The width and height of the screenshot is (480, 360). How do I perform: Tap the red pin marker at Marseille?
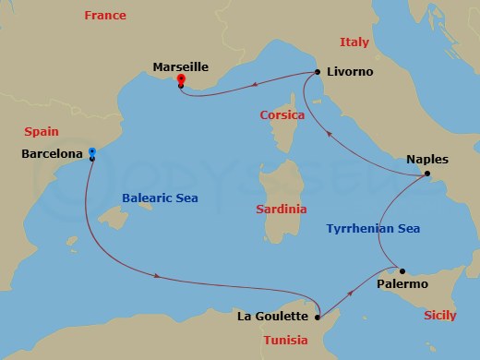coord(180,79)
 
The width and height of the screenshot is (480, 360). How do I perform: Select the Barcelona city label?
coord(52,154)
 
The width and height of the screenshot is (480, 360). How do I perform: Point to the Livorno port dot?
coord(318,71)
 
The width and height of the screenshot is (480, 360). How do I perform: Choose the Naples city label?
coord(426,159)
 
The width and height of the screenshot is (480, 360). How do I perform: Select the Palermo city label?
coord(402,284)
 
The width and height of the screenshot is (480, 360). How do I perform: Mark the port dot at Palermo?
coord(402,271)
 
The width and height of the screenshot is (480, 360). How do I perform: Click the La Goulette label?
coord(273,318)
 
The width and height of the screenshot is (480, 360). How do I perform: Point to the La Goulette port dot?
coord(317,318)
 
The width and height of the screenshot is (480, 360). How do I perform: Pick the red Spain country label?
coord(42,132)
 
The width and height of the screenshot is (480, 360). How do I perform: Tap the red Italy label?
coord(354,42)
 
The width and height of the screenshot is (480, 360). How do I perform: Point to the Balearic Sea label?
coord(160,198)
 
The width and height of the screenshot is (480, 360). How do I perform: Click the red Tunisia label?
coord(285,340)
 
